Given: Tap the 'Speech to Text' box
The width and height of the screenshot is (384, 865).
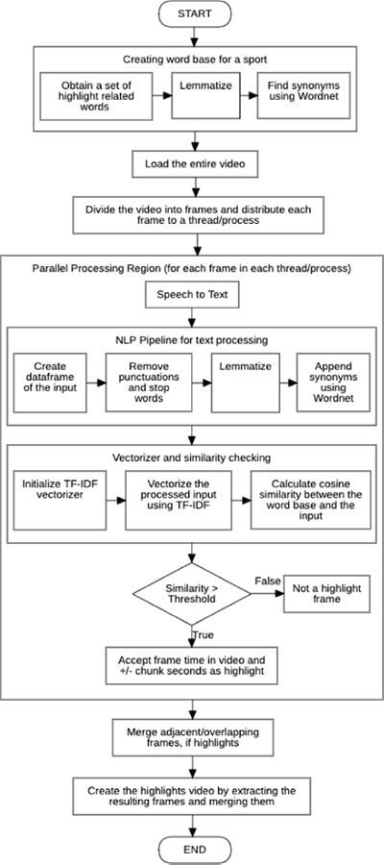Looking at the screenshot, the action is pyautogui.click(x=191, y=296).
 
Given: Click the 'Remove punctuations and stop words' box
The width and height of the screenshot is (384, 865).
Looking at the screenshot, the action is pyautogui.click(x=149, y=383).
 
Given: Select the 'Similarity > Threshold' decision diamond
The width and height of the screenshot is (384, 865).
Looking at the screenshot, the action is pyautogui.click(x=192, y=594).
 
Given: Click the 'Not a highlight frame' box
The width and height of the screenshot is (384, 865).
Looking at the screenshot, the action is pyautogui.click(x=326, y=594).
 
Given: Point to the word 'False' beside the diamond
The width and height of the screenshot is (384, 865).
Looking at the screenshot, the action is pyautogui.click(x=267, y=581).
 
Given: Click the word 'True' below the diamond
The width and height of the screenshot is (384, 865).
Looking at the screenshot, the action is pyautogui.click(x=203, y=635).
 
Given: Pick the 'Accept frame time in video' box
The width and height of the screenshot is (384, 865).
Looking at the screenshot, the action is pyautogui.click(x=192, y=665).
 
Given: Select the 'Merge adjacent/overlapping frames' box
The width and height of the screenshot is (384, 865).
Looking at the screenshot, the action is pyautogui.click(x=192, y=737).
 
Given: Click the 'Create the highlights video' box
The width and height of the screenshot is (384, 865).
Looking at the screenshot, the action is pyautogui.click(x=192, y=796).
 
